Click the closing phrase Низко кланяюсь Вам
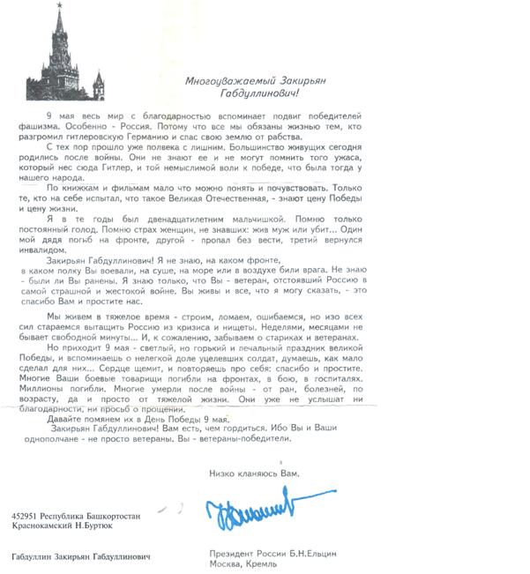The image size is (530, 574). tap(254, 473)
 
